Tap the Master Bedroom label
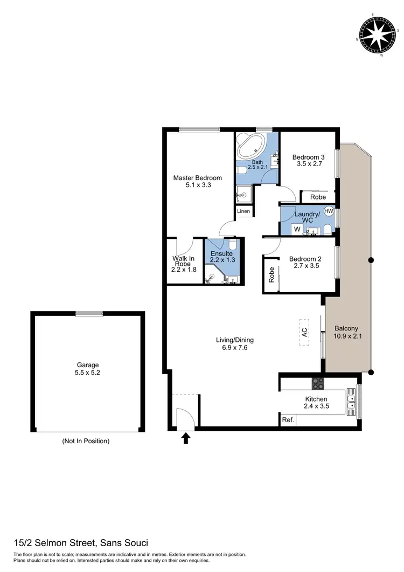pos(197,178)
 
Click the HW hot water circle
pos(329,212)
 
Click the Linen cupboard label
pos(243,211)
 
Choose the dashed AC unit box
pos(304,333)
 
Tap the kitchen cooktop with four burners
pos(318,384)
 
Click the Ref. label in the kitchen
pos(287,419)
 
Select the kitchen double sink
pos(351,399)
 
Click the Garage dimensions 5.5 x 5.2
pos(87,373)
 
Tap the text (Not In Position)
pos(86,441)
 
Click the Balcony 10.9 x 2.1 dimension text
pos(346,336)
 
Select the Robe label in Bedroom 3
pos(318,197)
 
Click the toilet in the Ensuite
pos(233,246)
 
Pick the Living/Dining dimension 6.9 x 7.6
pos(235,348)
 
